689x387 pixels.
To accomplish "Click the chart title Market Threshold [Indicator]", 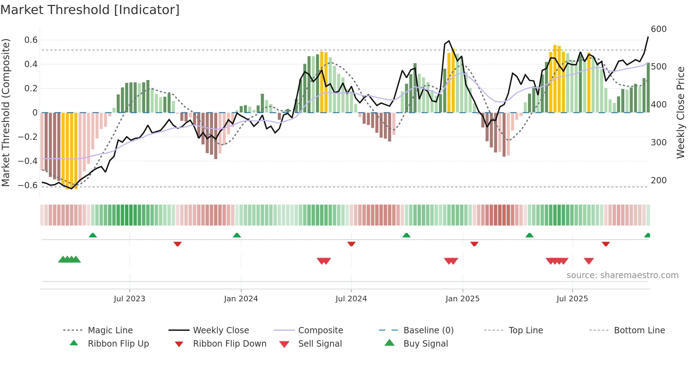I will coord(90,10).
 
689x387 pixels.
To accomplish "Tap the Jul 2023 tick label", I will coord(129,299).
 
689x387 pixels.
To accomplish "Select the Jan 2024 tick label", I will coord(241,299).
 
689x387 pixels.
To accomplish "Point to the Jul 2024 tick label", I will coord(351,299).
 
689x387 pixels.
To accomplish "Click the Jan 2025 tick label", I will coord(462,299).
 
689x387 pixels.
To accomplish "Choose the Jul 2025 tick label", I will coord(572,299).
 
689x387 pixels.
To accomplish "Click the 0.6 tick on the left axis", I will coord(31,40).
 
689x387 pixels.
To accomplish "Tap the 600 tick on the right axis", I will coord(658,29).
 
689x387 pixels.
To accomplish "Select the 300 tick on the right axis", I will coord(658,143).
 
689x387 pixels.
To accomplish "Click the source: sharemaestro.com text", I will coord(622,275).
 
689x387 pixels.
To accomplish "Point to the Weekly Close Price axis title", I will coord(681,112).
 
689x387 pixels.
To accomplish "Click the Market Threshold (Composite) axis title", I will coord(6,112).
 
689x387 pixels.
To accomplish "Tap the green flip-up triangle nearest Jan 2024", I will coord(237,235).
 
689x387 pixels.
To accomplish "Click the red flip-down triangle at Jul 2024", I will coord(351,244).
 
